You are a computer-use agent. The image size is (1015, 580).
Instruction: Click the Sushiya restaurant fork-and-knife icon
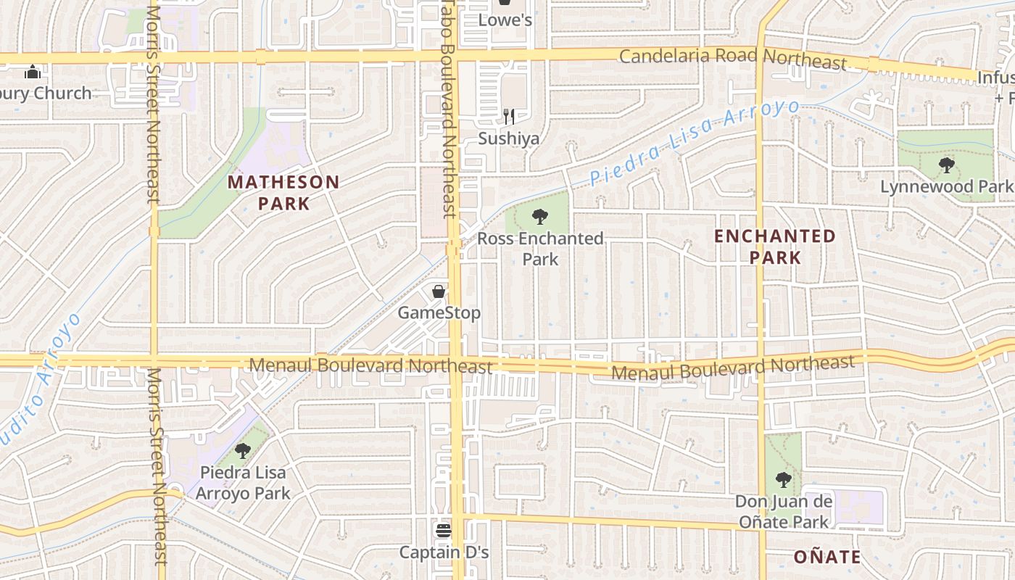pyautogui.click(x=509, y=116)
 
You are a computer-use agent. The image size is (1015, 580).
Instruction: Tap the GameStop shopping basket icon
pyautogui.click(x=439, y=291)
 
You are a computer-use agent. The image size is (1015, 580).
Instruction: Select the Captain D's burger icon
pyautogui.click(x=444, y=531)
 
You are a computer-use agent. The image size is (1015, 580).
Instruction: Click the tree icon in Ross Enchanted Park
pyautogui.click(x=539, y=216)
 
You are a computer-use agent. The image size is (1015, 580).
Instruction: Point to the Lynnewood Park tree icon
pyautogui.click(x=946, y=165)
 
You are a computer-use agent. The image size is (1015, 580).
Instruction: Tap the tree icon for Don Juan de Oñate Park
pyautogui.click(x=783, y=479)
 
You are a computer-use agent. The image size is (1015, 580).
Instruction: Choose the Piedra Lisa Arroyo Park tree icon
pyautogui.click(x=243, y=451)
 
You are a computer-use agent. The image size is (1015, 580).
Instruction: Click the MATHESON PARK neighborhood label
pyautogui.click(x=283, y=193)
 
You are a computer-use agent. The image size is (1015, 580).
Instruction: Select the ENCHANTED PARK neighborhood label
pyautogui.click(x=775, y=246)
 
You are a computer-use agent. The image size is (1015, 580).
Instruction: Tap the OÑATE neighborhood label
pyautogui.click(x=827, y=557)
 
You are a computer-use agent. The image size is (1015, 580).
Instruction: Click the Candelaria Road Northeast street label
pyautogui.click(x=732, y=59)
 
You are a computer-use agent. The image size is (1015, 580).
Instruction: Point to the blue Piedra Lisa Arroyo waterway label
pyautogui.click(x=694, y=143)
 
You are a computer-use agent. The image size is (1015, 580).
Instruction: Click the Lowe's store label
pyautogui.click(x=505, y=20)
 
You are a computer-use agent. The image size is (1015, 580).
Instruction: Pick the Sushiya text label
pyautogui.click(x=508, y=138)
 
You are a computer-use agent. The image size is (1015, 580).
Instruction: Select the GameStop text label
pyautogui.click(x=439, y=313)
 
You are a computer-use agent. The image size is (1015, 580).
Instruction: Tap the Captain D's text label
pyautogui.click(x=444, y=552)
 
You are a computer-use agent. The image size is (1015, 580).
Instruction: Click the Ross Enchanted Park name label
pyautogui.click(x=540, y=249)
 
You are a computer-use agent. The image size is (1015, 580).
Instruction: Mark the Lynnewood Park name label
pyautogui.click(x=946, y=186)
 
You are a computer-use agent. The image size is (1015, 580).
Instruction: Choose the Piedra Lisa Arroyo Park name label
pyautogui.click(x=243, y=483)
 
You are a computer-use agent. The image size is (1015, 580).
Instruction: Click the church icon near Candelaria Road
pyautogui.click(x=33, y=72)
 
